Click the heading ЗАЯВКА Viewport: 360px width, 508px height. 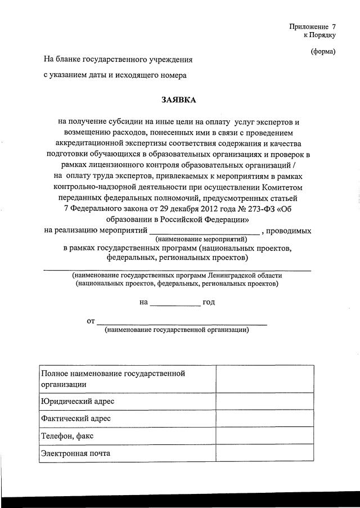[179, 100]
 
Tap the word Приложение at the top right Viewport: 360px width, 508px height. [308, 26]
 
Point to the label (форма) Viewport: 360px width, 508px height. [323, 52]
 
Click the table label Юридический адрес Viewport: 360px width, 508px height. [77, 401]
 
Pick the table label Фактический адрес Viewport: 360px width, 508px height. [75, 418]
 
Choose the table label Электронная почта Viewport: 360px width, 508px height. [75, 453]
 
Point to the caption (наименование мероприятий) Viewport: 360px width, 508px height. [204, 239]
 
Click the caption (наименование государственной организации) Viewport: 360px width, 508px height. [177, 330]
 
